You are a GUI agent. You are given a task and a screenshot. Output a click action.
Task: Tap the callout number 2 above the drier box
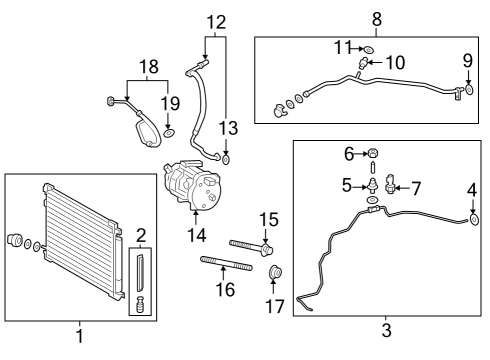point(141,236)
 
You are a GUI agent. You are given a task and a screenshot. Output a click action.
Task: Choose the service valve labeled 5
point(373,186)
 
